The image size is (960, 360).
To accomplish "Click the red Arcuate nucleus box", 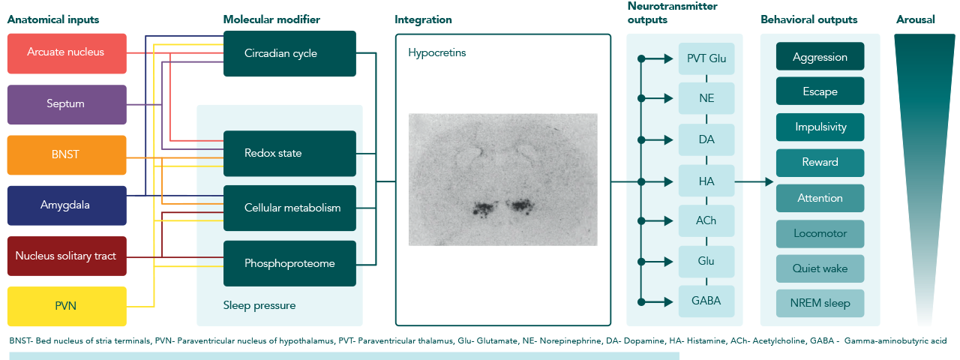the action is [67, 53].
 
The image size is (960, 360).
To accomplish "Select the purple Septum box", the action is [67, 104].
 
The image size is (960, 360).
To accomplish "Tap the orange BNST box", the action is [67, 155].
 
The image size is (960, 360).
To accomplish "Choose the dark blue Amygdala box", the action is [67, 205].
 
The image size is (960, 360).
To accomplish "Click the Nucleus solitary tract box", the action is [67, 256].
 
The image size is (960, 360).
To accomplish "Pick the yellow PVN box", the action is [67, 307].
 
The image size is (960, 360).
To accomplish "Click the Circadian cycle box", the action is [289, 53].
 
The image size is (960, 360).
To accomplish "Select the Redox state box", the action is [289, 154].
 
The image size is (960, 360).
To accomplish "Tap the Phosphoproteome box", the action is [289, 263].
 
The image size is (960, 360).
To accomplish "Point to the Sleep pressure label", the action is [259, 305].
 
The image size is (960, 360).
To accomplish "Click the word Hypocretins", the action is [436, 52].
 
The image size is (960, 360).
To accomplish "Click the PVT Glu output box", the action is [706, 58].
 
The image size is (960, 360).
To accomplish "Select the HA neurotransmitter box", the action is [706, 181].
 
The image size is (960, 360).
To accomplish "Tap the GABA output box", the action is [706, 301].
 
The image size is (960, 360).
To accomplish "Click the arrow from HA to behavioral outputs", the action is [754, 181].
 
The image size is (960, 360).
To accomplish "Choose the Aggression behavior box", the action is [820, 56].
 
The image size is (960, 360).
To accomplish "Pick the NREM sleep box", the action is [820, 303].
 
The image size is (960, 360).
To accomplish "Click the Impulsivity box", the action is [820, 127].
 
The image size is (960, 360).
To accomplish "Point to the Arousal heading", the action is [916, 19].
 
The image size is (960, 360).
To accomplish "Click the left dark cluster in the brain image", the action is [484, 208].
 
